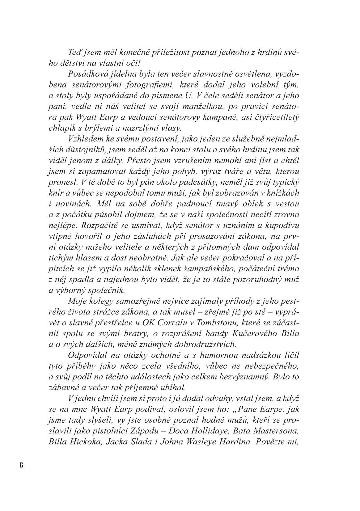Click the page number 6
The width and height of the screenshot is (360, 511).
[x=21, y=465]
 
